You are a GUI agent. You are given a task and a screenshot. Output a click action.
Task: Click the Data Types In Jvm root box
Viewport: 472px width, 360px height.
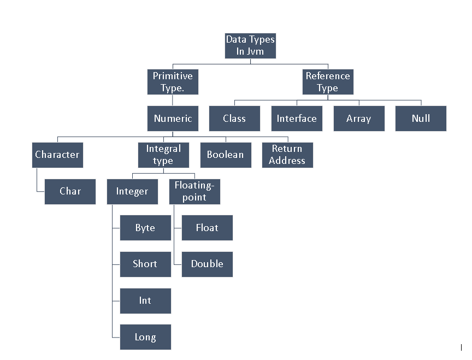coord(250,46)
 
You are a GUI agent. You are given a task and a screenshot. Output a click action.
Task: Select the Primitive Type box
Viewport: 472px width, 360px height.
coord(173,82)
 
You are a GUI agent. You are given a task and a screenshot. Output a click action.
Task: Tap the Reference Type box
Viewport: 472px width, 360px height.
coord(328,82)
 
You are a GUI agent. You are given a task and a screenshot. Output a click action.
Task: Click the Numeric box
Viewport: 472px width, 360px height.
coord(173,119)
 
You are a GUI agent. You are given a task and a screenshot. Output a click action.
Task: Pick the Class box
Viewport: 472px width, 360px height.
coord(234,119)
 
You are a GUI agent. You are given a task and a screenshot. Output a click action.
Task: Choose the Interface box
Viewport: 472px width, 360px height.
coord(297,119)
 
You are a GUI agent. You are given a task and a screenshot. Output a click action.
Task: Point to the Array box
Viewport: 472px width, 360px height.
coord(359,119)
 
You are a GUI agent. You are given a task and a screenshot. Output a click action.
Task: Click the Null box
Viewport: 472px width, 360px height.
coord(421,119)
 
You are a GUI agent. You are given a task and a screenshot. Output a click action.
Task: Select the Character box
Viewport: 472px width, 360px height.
coord(57,155)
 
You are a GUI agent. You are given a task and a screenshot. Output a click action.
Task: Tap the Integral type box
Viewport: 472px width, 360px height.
coord(163,155)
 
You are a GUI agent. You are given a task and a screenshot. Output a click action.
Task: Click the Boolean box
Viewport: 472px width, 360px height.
coord(226,155)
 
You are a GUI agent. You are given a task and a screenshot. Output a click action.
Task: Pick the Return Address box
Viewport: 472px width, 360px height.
coord(287,155)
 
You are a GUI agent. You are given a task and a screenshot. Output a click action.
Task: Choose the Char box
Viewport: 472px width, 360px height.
coord(70,192)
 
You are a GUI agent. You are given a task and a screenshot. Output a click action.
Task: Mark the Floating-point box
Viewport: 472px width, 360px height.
coord(195,192)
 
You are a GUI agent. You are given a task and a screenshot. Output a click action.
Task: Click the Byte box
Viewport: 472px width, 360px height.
coord(145,228)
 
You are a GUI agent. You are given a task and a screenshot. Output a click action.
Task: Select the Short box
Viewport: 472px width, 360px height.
coord(145,264)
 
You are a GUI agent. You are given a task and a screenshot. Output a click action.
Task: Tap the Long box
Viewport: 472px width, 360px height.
coord(145,337)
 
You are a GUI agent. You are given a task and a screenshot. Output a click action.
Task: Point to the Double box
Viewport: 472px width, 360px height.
coord(207,264)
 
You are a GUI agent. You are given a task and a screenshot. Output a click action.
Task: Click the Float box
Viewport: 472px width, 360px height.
coord(207,228)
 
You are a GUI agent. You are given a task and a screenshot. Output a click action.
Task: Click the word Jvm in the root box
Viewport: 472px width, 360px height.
coord(255,51)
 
